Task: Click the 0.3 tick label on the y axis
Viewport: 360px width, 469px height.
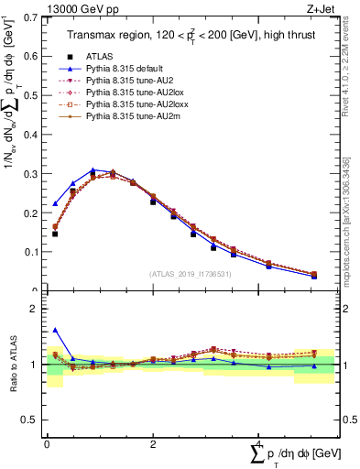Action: [32, 173]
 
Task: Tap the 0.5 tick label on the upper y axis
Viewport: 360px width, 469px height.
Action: [32, 95]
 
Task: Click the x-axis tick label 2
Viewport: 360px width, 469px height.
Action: [152, 444]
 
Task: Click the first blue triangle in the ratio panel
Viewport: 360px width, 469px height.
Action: [56, 330]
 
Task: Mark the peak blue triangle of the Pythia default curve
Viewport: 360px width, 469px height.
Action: [93, 170]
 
